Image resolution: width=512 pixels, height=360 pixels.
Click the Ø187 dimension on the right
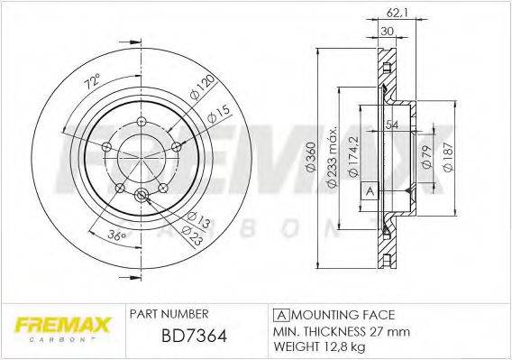[x=444, y=154]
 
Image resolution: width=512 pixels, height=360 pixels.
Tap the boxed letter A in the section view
[x=369, y=191]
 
